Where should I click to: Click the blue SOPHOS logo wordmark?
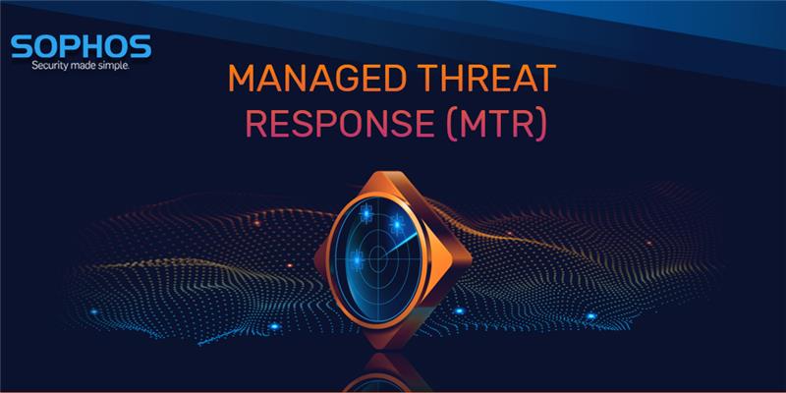click(80, 46)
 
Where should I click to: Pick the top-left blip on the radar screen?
click(367, 210)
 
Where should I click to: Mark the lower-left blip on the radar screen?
click(359, 259)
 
